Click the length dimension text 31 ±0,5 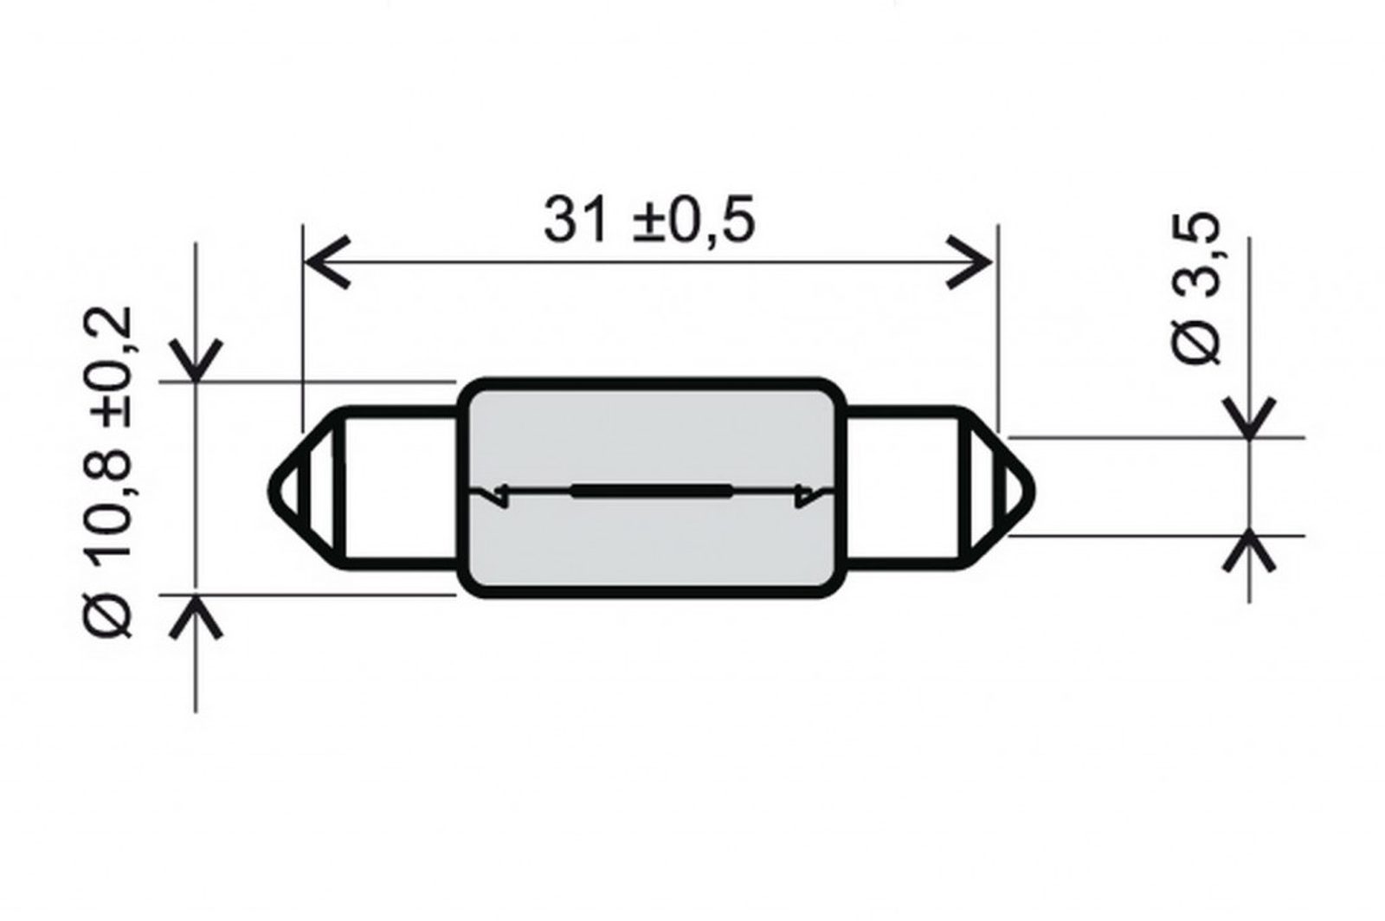click(649, 220)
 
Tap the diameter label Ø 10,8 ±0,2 click(112, 472)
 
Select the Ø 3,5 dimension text click(1196, 288)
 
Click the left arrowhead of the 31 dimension click(328, 261)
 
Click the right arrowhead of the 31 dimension click(969, 261)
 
